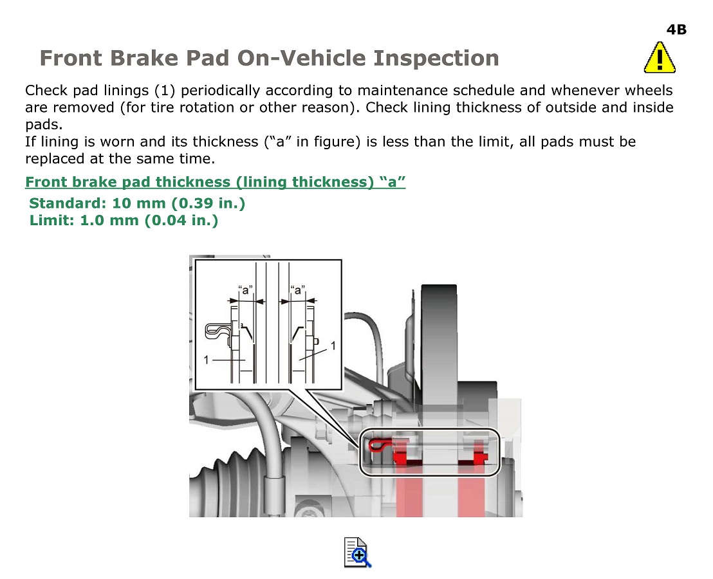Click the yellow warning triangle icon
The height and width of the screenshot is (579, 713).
pyautogui.click(x=660, y=58)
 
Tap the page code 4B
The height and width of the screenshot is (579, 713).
pyautogui.click(x=676, y=30)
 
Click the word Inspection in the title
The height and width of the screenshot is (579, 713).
pyautogui.click(x=436, y=58)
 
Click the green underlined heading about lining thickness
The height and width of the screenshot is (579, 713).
pyautogui.click(x=215, y=182)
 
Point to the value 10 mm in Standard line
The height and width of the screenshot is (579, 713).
pyautogui.click(x=139, y=203)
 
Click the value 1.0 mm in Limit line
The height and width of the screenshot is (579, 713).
pyautogui.click(x=109, y=221)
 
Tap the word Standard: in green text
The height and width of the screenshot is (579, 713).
pyautogui.click(x=68, y=203)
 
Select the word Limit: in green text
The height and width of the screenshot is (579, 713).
pyautogui.click(x=52, y=221)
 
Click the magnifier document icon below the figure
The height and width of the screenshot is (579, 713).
pyautogui.click(x=357, y=552)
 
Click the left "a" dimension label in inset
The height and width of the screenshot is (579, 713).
pyautogui.click(x=245, y=289)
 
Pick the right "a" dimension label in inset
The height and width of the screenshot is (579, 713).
pyautogui.click(x=297, y=289)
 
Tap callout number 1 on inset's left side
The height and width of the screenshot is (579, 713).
pyautogui.click(x=207, y=360)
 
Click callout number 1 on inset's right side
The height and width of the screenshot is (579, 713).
pyautogui.click(x=333, y=346)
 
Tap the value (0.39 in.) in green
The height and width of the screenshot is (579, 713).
pyautogui.click(x=208, y=203)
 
